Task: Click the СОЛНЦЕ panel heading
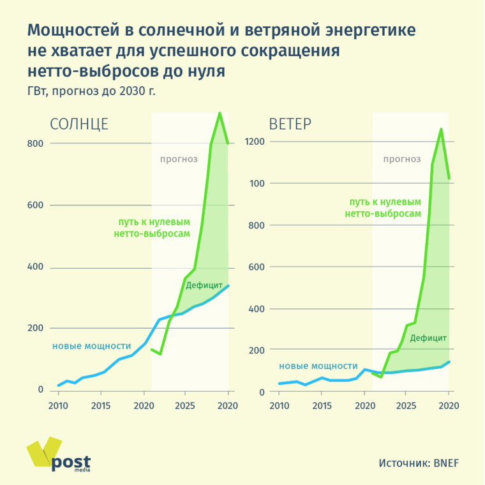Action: (79, 124)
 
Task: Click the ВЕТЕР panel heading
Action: (290, 124)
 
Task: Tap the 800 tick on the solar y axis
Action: (35, 144)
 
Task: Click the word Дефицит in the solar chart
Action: (204, 285)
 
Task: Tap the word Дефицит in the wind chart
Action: (428, 338)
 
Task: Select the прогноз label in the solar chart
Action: (179, 159)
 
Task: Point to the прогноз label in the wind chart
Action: (402, 159)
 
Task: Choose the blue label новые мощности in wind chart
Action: (318, 366)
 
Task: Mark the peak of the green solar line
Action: (220, 114)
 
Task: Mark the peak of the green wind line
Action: (441, 130)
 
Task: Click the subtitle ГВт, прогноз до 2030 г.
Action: (91, 90)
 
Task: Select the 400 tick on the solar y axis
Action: (35, 268)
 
